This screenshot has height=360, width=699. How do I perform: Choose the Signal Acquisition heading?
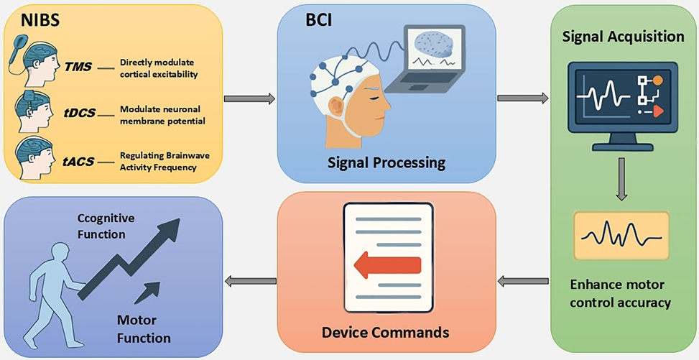622,37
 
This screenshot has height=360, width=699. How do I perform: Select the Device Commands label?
386,332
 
